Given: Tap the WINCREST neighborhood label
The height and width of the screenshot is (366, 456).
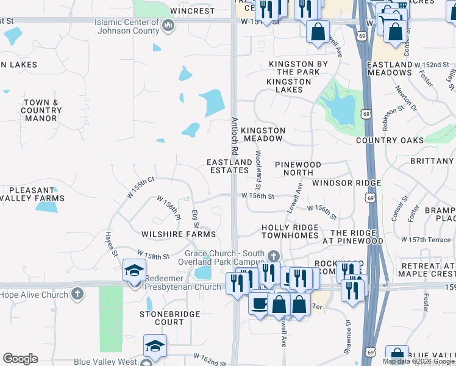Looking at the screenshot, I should click(x=193, y=11).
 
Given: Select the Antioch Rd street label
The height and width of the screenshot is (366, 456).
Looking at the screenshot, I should click(x=233, y=135).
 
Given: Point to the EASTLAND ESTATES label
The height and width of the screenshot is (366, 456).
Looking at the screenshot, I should click(x=229, y=166).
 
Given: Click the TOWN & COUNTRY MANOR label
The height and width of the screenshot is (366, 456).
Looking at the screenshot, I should click(x=41, y=110).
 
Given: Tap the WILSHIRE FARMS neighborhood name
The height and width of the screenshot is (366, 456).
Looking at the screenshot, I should click(x=179, y=234).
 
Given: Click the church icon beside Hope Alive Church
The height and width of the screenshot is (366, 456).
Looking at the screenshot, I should click(x=77, y=294).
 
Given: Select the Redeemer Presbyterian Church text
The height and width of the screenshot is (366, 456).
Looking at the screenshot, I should click(x=182, y=287).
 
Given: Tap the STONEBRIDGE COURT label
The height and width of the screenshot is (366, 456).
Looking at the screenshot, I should click(x=161, y=318).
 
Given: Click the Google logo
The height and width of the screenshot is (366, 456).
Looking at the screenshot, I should click(x=20, y=359).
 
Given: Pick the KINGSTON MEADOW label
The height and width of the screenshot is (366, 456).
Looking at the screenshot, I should click(x=263, y=135).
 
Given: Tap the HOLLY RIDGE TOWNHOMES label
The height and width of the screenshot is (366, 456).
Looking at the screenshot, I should click(x=290, y=232).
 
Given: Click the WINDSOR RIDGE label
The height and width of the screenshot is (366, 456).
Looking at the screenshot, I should click(x=346, y=183).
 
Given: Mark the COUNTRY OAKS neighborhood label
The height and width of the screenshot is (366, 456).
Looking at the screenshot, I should click(x=390, y=141).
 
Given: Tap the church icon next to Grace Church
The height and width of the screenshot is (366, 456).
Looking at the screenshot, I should click(x=274, y=254).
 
